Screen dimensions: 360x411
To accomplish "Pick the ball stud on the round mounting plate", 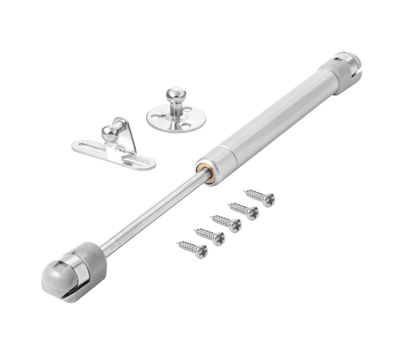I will pos(176,98).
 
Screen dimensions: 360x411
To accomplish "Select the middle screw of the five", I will pos(226,223).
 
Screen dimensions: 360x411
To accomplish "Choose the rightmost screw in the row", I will pos(259,197).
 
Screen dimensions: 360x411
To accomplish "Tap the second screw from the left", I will pos(209,236).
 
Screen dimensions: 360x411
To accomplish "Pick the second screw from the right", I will pos(243,210).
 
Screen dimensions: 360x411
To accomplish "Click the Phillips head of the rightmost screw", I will pos(269,200).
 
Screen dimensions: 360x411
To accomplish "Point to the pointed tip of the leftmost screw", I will pos(179,243).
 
